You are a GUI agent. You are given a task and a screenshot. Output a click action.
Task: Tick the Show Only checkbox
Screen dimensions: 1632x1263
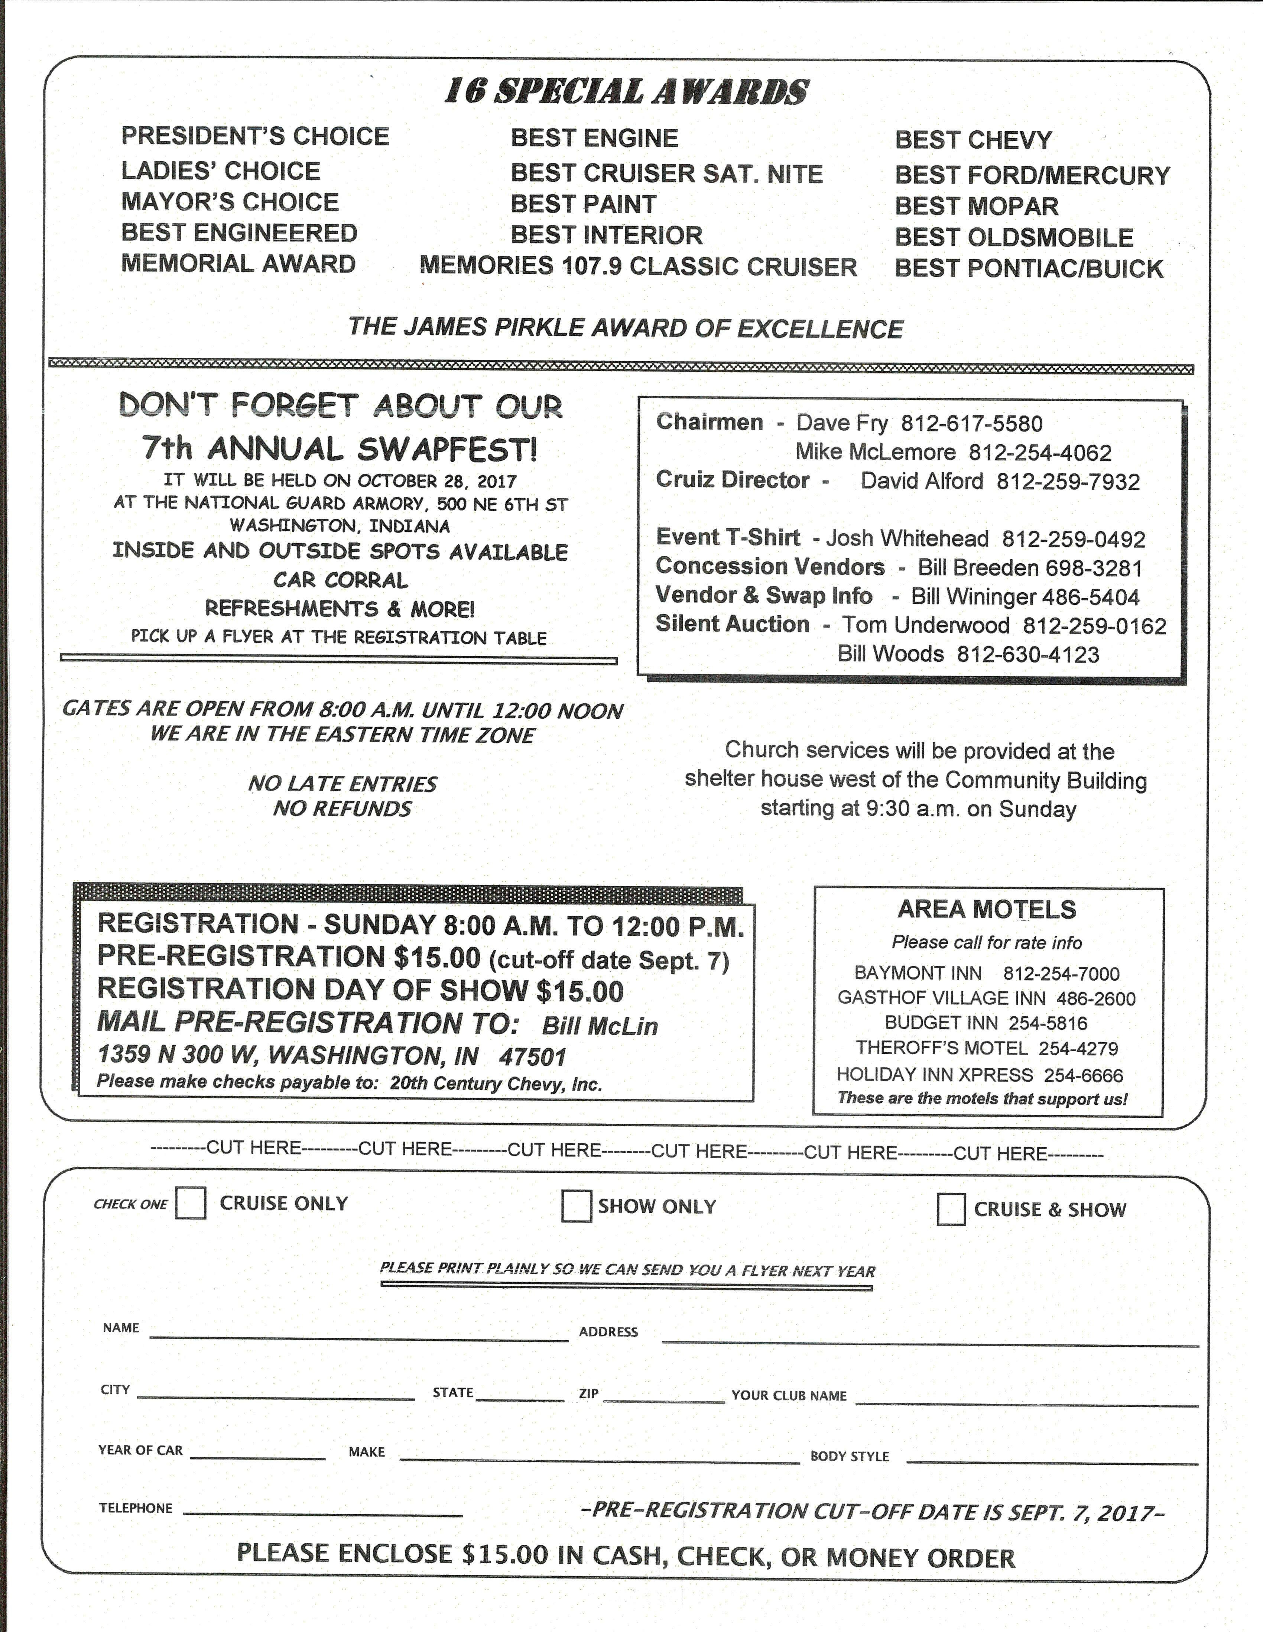pyautogui.click(x=576, y=1206)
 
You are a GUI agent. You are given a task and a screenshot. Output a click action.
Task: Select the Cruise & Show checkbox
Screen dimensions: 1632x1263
pyautogui.click(x=951, y=1209)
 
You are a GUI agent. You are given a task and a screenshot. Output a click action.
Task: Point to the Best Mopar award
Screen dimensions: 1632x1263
pyautogui.click(x=976, y=206)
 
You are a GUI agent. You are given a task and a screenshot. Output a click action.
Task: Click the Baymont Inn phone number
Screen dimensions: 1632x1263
pyautogui.click(x=1061, y=974)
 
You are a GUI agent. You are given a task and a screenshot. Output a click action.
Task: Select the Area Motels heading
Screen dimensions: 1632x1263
pyautogui.click(x=987, y=909)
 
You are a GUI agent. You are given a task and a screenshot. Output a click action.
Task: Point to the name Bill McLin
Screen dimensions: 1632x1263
pyautogui.click(x=600, y=1026)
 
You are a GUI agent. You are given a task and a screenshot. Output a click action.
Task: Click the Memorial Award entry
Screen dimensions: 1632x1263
pyautogui.click(x=238, y=264)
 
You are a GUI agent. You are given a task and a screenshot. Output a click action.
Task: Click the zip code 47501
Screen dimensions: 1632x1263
pyautogui.click(x=533, y=1057)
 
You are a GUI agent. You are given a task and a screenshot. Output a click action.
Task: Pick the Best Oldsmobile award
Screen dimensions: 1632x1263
pyautogui.click(x=1013, y=237)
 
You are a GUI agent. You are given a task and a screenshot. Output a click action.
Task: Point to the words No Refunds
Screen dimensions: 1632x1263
pyautogui.click(x=342, y=809)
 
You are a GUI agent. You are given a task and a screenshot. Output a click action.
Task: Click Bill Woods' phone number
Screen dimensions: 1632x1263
pyautogui.click(x=1028, y=655)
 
